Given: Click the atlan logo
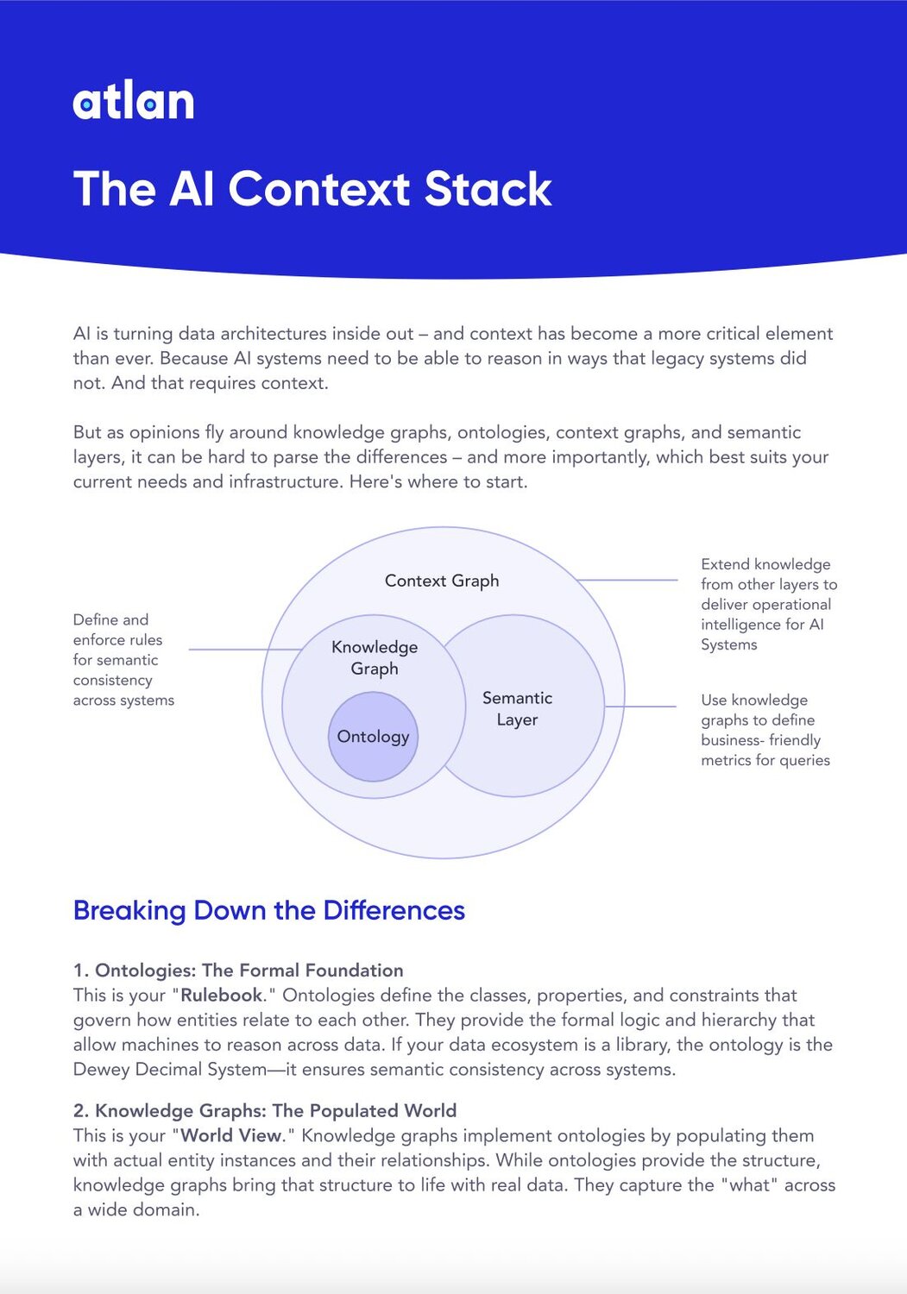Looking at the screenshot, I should [x=134, y=102].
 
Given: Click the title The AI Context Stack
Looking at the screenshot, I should [x=312, y=189].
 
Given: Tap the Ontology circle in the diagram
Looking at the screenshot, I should [x=373, y=737].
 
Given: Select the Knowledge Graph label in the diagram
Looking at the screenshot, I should [x=375, y=657].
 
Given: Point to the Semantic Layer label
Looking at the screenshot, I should [x=517, y=708].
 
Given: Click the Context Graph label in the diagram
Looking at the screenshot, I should [x=442, y=581].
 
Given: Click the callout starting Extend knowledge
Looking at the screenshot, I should [x=768, y=604].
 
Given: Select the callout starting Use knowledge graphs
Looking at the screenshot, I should [x=765, y=730].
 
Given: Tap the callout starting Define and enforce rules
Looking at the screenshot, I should [x=123, y=660].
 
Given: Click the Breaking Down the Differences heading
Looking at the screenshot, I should [x=269, y=910].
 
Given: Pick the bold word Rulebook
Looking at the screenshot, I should [x=221, y=996].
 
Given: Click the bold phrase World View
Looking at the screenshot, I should [x=231, y=1135].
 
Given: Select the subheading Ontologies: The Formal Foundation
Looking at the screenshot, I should [x=249, y=970].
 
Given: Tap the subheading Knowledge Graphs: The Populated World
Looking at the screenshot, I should [x=275, y=1111].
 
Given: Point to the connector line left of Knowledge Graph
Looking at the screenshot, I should [x=244, y=649].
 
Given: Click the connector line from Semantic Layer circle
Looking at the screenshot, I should [x=640, y=707].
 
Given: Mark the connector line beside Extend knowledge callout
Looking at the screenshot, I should [x=627, y=580].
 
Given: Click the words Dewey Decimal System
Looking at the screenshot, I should [x=170, y=1070].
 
